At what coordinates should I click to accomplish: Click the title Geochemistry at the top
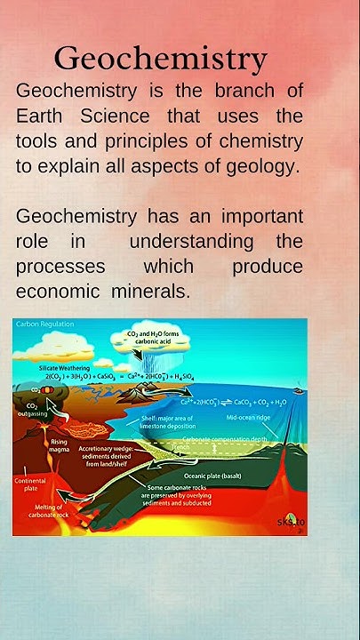click(x=160, y=59)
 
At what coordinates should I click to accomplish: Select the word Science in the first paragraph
click(x=128, y=116)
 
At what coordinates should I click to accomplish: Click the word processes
click(x=60, y=267)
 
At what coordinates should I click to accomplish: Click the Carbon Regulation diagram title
click(x=44, y=324)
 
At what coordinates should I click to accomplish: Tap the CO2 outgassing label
click(x=27, y=410)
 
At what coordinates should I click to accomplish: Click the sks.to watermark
click(x=290, y=521)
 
